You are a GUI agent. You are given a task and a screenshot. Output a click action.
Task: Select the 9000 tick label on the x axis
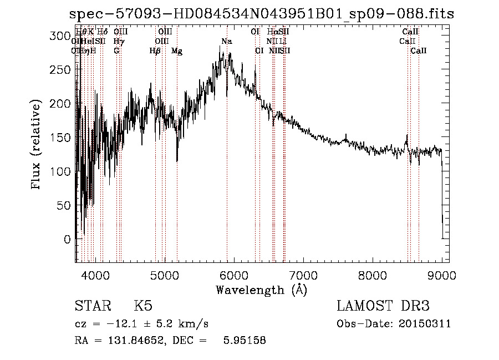point(442,275)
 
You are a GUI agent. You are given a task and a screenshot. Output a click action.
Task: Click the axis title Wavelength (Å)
point(261,290)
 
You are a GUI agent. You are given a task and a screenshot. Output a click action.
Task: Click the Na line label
point(227,42)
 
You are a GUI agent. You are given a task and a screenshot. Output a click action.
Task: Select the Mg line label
point(177,51)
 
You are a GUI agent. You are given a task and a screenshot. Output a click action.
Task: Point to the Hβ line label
point(155,51)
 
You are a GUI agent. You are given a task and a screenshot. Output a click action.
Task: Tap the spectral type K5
point(143,306)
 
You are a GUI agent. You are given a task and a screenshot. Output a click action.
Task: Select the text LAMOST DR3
point(383,306)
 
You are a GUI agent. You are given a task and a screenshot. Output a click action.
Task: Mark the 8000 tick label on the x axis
point(373,275)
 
